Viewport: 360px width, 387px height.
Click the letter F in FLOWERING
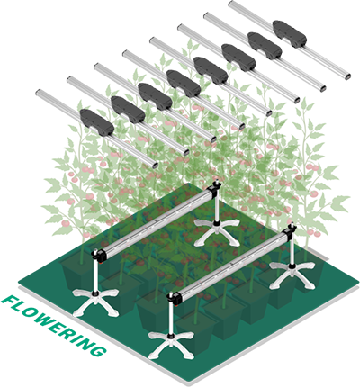(x=9, y=301)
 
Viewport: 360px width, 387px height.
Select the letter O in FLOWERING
(x=31, y=312)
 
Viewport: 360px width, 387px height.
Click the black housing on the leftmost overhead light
(x=97, y=121)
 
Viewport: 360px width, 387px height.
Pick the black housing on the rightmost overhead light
(x=290, y=33)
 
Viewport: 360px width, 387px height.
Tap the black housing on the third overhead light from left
(x=155, y=96)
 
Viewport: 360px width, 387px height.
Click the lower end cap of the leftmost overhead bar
(x=155, y=165)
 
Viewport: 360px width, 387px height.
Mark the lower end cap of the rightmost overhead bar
(x=347, y=76)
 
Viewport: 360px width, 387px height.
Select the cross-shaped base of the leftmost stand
(x=95, y=301)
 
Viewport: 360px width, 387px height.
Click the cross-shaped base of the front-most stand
(x=171, y=344)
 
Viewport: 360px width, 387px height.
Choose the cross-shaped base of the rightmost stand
(x=292, y=273)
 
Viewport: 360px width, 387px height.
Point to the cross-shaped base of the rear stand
(x=217, y=230)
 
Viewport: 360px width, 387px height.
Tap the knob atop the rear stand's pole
(x=217, y=183)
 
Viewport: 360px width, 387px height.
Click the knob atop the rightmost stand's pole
(x=292, y=225)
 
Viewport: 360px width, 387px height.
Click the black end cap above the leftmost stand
(x=99, y=255)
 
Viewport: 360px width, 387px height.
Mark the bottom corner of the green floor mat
(x=188, y=382)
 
